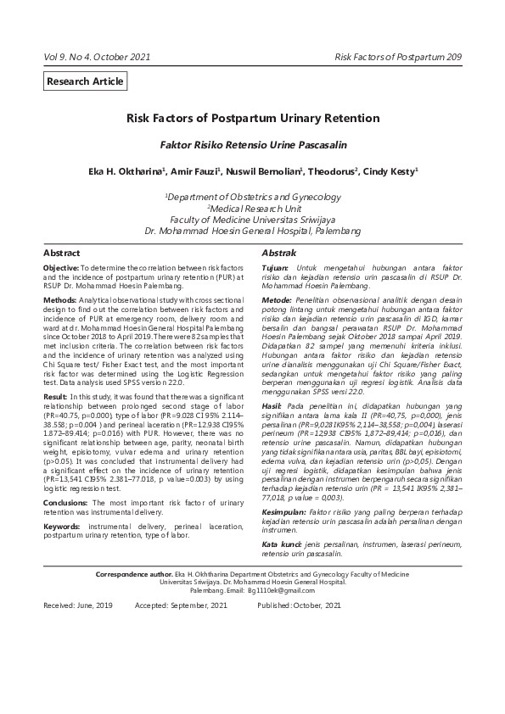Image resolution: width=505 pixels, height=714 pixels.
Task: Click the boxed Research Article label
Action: [86, 81]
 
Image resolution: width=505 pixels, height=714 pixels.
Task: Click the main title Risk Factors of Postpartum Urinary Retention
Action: [253, 119]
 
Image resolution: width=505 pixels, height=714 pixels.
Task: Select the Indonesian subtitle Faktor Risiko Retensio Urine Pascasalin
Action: [253, 145]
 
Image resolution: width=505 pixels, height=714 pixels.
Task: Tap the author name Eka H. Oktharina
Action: [126, 171]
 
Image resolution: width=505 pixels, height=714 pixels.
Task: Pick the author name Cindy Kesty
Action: [390, 171]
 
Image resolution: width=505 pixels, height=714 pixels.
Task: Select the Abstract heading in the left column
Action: [62, 254]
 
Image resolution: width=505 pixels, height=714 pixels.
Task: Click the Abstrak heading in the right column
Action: [278, 254]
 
